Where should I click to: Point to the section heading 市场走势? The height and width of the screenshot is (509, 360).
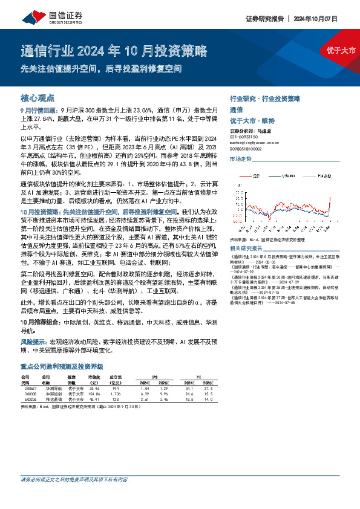(240, 158)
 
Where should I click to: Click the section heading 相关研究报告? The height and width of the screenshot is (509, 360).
(246, 248)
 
